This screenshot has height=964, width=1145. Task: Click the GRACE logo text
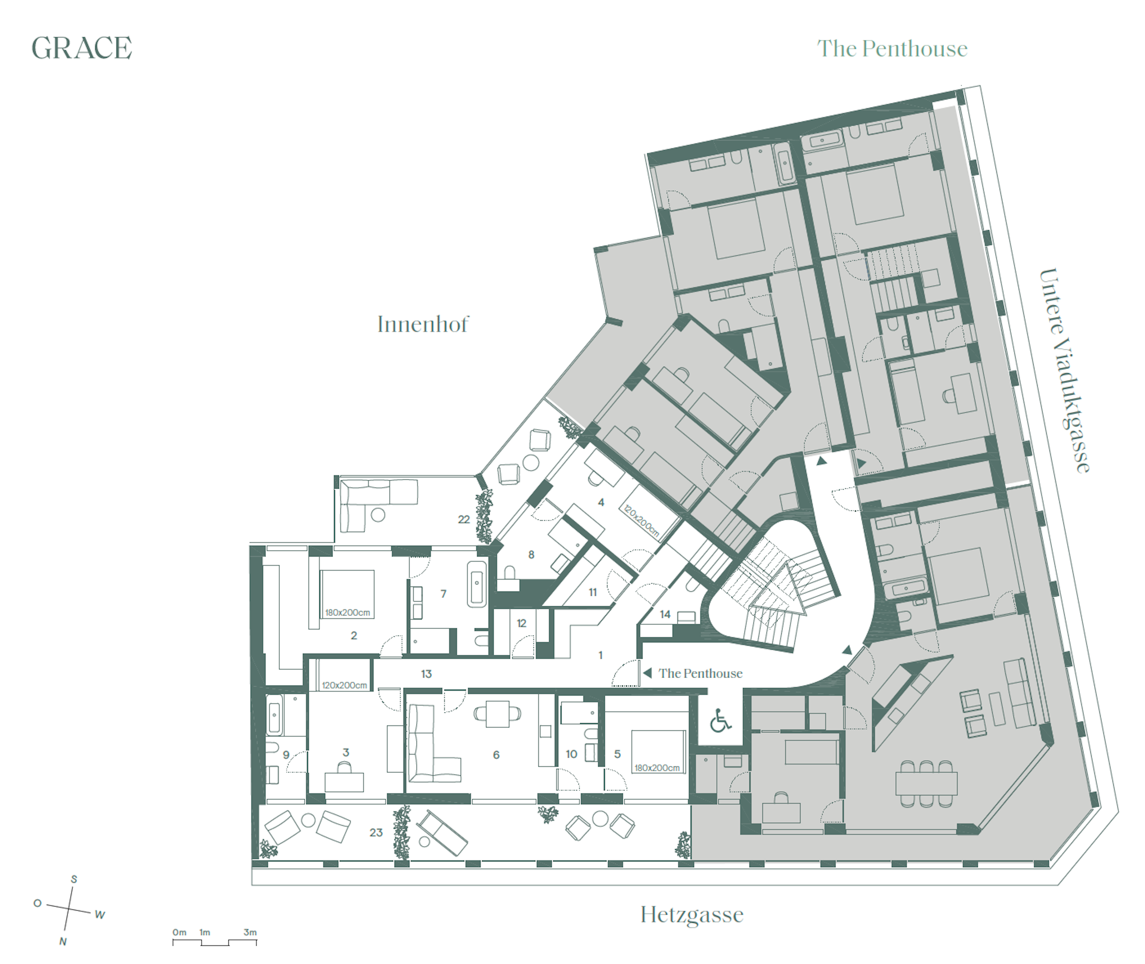[x=82, y=48]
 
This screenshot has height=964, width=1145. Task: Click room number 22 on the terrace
[x=463, y=519]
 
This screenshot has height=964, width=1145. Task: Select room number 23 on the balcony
[x=376, y=832]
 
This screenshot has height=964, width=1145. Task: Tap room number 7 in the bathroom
[x=443, y=593]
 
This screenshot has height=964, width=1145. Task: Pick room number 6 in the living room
[x=496, y=755]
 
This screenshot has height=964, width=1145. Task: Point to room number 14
[x=665, y=614]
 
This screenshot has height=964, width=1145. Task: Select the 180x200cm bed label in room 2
[x=348, y=613]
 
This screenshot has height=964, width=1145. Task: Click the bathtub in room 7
[x=477, y=584]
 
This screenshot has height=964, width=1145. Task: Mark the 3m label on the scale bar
[x=250, y=932]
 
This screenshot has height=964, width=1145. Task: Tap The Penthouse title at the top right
[x=892, y=49]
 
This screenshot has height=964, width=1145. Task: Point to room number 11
[x=592, y=592]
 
